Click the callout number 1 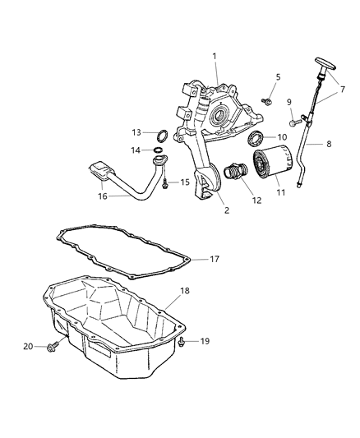tap(215, 56)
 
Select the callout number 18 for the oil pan tap(185, 291)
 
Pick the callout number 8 tap(329, 144)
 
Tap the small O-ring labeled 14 tap(156, 150)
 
